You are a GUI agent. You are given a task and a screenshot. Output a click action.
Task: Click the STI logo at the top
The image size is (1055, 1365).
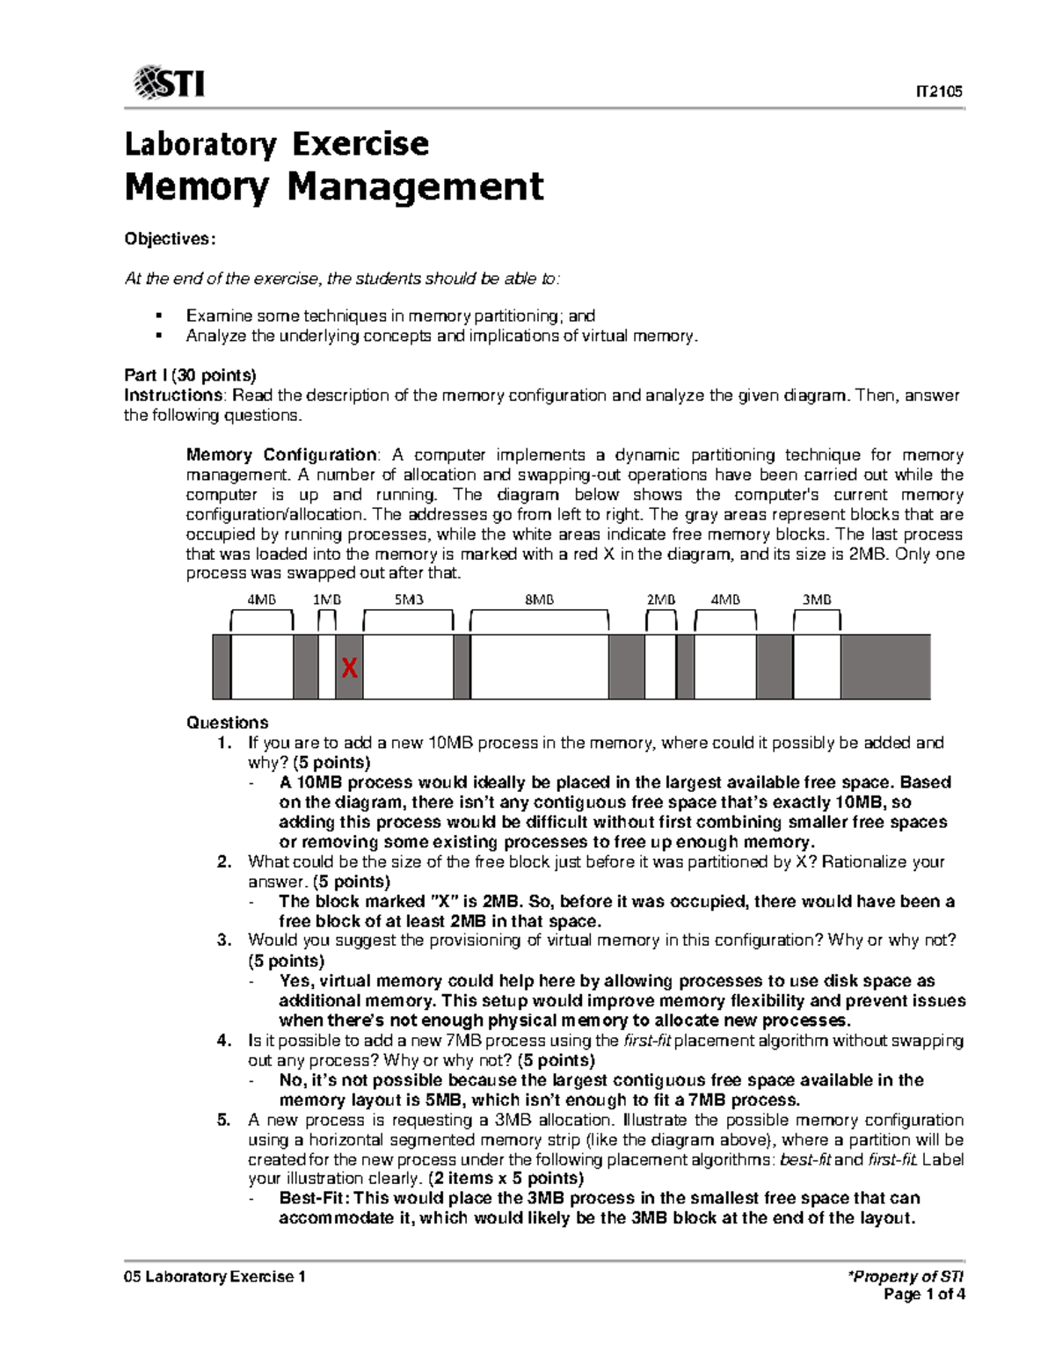pos(169,83)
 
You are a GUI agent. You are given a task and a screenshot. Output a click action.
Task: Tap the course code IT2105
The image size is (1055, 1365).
pos(940,91)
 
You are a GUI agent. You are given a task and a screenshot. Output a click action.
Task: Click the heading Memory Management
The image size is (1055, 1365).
pos(334,187)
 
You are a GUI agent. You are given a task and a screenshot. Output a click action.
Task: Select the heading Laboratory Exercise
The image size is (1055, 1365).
pos(277,143)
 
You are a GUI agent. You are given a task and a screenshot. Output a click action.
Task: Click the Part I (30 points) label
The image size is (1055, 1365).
pos(190,375)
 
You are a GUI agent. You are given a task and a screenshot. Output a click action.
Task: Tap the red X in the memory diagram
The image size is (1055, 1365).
pos(349,669)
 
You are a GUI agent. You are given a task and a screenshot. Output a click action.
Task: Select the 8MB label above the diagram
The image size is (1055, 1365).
pos(540,599)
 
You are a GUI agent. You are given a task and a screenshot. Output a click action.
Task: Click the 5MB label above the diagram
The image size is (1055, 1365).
pos(409,599)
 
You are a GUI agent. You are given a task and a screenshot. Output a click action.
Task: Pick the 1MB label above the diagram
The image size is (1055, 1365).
pos(328,599)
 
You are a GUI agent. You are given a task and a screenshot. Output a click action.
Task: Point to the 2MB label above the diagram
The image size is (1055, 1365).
pos(661,599)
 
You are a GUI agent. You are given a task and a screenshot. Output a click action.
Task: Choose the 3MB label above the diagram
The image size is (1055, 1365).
pos(817,599)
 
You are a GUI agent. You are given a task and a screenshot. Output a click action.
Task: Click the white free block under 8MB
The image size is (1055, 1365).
pos(540,667)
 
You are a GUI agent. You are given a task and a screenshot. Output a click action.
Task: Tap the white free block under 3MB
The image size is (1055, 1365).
pos(817,667)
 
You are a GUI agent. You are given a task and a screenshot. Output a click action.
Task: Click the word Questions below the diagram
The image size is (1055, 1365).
pos(227,722)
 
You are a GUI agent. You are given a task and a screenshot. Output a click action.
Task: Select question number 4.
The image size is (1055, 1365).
pos(223,1041)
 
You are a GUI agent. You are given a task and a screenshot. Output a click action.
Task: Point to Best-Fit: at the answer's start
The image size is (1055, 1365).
pos(315,1198)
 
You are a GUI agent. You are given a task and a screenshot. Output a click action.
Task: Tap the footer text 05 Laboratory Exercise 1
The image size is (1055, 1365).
pos(215,1276)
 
